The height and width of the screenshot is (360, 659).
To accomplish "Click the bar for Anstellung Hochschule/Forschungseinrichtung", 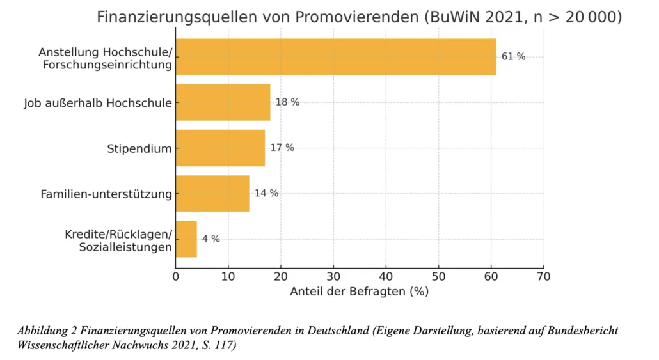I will tap(336, 57).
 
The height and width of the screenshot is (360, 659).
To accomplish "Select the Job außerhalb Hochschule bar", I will tap(223, 102).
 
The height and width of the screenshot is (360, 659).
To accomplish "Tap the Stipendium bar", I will tap(220, 148).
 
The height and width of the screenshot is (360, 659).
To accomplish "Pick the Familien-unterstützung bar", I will tap(212, 194).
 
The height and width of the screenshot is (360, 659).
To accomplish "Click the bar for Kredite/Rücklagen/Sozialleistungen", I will tap(186, 239).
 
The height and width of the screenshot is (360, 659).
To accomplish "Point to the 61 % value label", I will tap(513, 57).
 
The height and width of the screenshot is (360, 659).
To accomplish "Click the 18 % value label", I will tap(287, 102).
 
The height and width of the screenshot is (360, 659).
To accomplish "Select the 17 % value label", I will tap(282, 148).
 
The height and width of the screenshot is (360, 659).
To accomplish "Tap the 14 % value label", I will tap(266, 194).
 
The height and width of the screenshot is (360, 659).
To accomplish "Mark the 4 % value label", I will tap(211, 239).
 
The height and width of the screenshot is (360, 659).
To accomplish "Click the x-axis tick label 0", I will tap(176, 276).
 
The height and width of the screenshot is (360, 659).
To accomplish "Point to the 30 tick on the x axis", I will tap(333, 276).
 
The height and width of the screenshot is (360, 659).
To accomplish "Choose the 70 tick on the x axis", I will tap(543, 276).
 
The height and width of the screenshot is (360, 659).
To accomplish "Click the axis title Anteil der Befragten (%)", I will tap(359, 292).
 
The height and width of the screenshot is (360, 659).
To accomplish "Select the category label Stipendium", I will tap(139, 149).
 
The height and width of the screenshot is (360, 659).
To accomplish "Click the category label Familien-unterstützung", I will tap(106, 194).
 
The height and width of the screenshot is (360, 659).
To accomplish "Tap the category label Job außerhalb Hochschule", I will tap(98, 103).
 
